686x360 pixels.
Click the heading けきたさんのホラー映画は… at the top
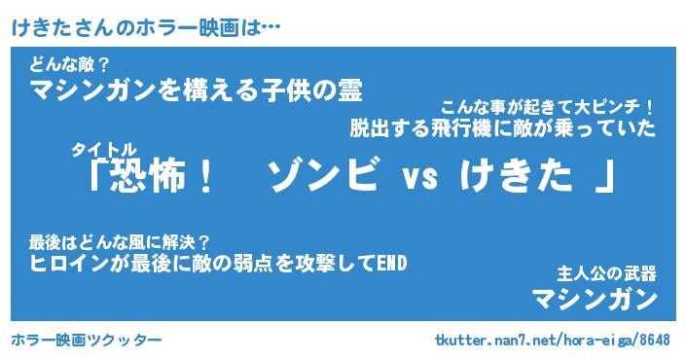click(x=145, y=28)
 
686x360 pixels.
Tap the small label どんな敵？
click(x=68, y=65)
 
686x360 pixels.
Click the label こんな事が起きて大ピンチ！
click(x=547, y=108)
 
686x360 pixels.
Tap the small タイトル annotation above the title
click(x=104, y=150)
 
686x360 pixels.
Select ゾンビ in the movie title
click(x=322, y=176)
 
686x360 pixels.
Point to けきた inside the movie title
click(x=516, y=176)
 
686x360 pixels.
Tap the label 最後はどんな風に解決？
click(x=119, y=242)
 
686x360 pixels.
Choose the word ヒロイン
click(x=69, y=264)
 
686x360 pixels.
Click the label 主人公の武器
click(x=607, y=274)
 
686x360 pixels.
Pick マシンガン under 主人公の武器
click(x=595, y=300)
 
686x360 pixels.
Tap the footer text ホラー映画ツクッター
click(x=87, y=340)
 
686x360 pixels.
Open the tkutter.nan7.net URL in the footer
click(x=553, y=340)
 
